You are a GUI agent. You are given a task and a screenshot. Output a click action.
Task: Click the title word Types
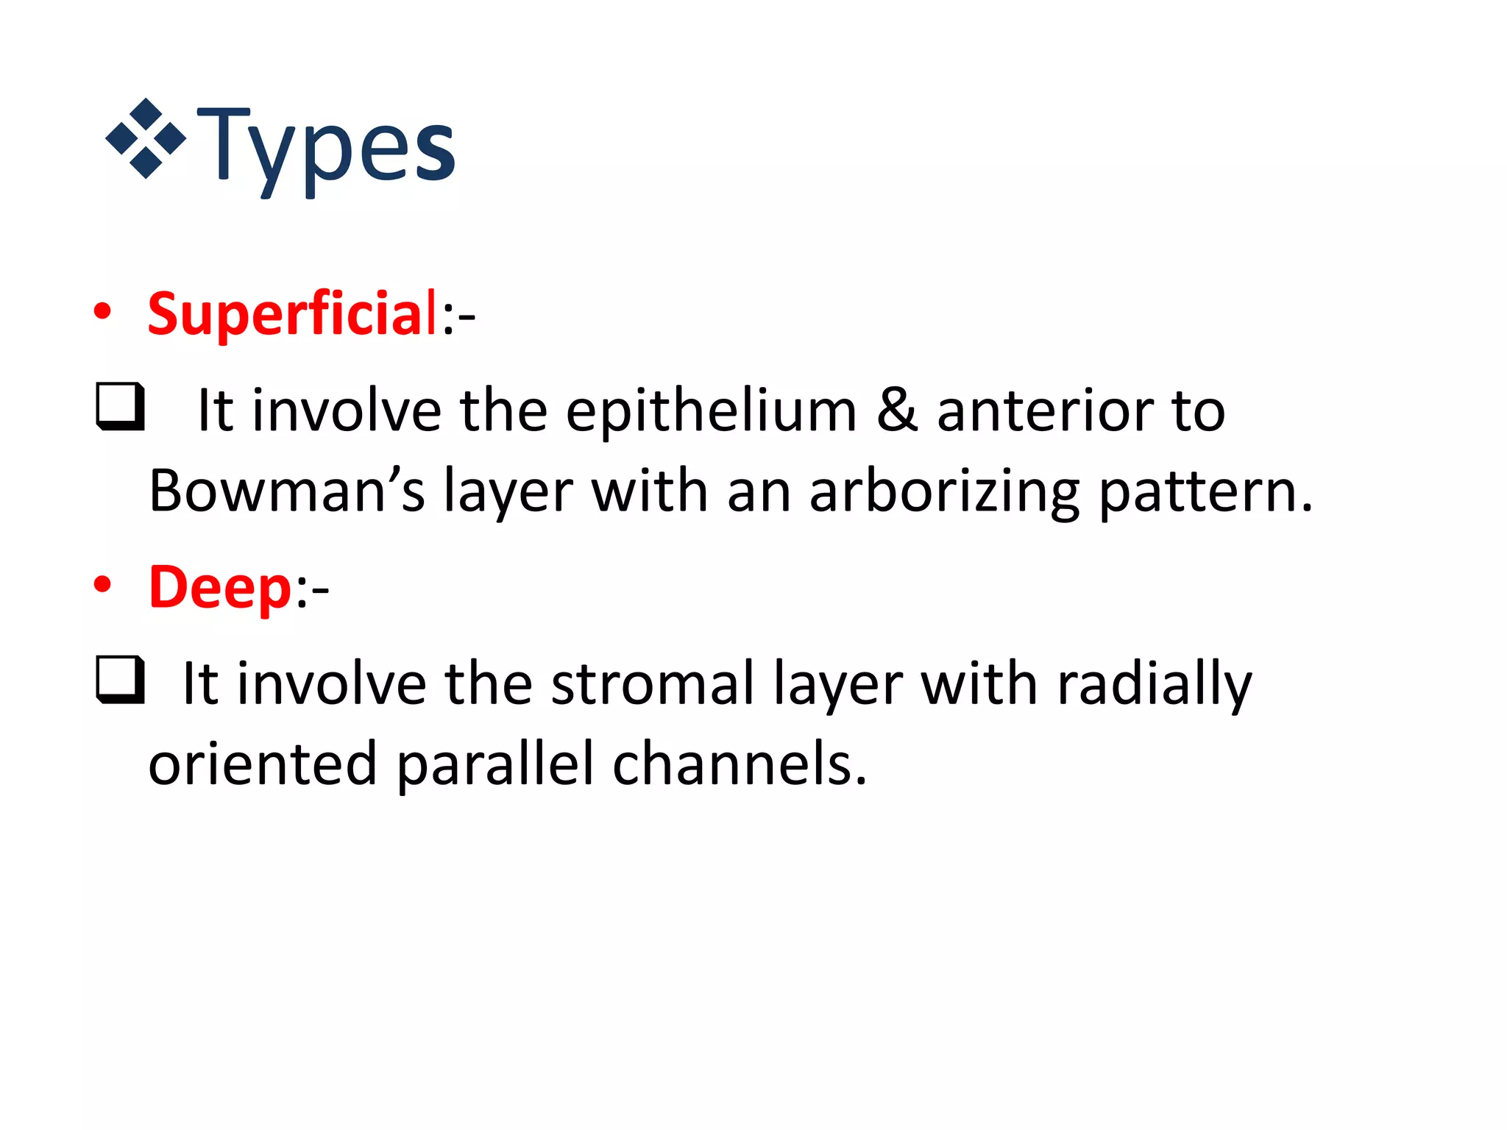[x=326, y=147]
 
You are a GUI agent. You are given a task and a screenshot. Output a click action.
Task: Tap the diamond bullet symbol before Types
[x=146, y=138]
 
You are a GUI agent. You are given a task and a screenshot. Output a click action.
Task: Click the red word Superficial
[x=293, y=314]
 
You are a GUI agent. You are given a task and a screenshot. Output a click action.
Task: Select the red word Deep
[x=221, y=588]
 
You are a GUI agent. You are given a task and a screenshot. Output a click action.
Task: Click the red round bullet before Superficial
[x=102, y=312]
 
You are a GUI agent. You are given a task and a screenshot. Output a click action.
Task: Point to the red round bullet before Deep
[x=102, y=586]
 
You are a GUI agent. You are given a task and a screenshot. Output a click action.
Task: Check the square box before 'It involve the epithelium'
[x=120, y=406]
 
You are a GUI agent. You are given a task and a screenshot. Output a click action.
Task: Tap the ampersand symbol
[x=897, y=411]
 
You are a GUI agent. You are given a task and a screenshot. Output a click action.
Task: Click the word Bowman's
[x=287, y=491]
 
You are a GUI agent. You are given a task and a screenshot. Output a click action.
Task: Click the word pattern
[x=1205, y=491]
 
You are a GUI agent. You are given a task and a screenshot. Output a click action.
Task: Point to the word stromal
[x=653, y=684]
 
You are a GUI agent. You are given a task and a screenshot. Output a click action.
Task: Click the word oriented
[x=263, y=765]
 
